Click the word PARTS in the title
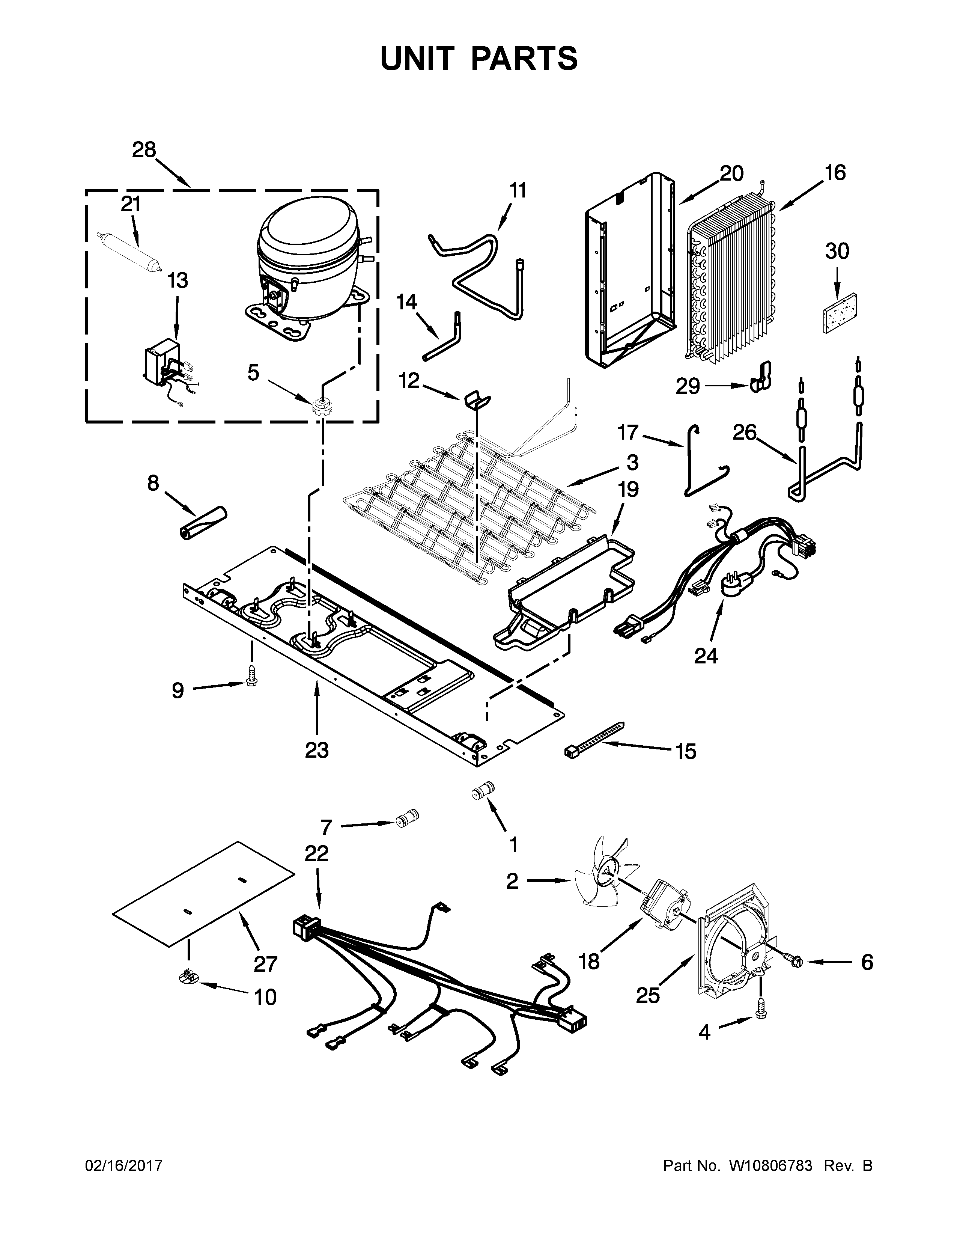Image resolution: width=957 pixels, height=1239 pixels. (524, 59)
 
